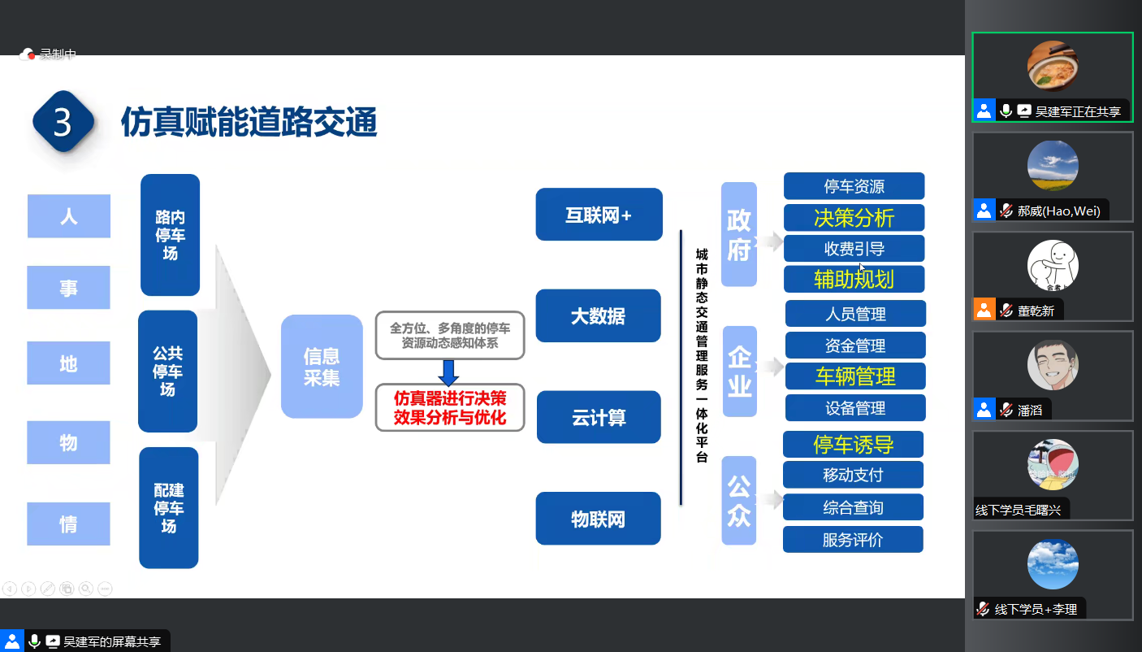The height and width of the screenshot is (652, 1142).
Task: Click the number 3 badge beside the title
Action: pos(63,122)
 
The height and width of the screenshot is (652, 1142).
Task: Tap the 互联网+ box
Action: pos(599,215)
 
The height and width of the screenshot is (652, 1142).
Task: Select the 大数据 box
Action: pos(598,315)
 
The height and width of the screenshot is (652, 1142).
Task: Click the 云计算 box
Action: pos(599,417)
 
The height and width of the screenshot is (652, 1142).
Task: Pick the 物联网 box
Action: pos(598,519)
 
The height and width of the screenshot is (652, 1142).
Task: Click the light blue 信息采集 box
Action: pos(322,367)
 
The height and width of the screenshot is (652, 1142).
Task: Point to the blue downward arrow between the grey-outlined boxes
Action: pos(449,372)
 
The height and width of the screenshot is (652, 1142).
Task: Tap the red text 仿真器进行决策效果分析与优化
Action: pos(450,408)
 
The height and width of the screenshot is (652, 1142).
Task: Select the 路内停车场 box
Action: pos(170,235)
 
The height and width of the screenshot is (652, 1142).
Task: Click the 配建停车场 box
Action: pos(169,508)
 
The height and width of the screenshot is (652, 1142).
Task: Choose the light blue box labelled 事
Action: pos(69,288)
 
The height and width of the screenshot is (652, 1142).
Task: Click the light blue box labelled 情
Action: pos(69,524)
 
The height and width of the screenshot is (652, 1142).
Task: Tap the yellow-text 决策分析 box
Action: pos(854,218)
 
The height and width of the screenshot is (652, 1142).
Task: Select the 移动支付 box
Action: pos(853,475)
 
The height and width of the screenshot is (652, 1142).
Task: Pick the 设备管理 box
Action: pos(854,408)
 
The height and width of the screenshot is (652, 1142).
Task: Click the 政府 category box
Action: pos(738,234)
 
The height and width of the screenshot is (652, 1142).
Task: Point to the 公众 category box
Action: pos(738,501)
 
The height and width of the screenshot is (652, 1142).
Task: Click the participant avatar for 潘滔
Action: pos(1053,365)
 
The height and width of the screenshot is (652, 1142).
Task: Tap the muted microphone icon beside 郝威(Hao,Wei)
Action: pos(1006,211)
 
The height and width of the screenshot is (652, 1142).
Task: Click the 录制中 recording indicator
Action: pos(49,54)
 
